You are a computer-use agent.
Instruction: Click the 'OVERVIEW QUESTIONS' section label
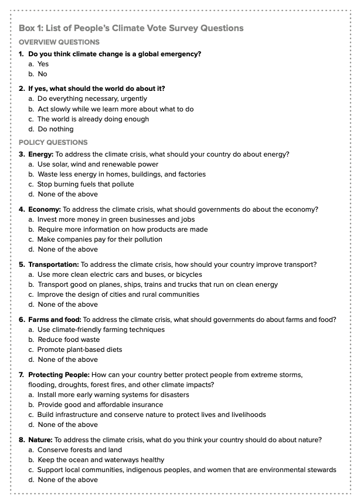point(59,42)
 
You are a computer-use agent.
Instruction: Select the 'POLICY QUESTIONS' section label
point(53,143)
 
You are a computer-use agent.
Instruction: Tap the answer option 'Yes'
point(43,64)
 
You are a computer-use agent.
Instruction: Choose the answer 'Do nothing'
point(56,129)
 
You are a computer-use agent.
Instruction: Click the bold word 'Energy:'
point(41,154)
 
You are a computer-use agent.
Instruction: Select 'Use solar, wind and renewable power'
point(98,164)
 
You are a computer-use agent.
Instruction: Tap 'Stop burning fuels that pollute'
point(86,184)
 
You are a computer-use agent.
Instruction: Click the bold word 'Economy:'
point(45,209)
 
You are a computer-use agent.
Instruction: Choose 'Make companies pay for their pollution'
point(100,239)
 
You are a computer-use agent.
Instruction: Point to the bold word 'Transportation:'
point(53,264)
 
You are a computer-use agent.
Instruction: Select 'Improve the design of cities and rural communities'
point(118,294)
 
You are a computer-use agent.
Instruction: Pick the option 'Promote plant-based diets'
point(80,350)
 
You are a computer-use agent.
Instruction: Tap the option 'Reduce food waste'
point(69,340)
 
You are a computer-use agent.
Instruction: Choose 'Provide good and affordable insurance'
point(100,405)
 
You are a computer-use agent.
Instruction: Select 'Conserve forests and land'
point(80,450)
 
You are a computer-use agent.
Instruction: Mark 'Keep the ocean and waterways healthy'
point(101,460)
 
